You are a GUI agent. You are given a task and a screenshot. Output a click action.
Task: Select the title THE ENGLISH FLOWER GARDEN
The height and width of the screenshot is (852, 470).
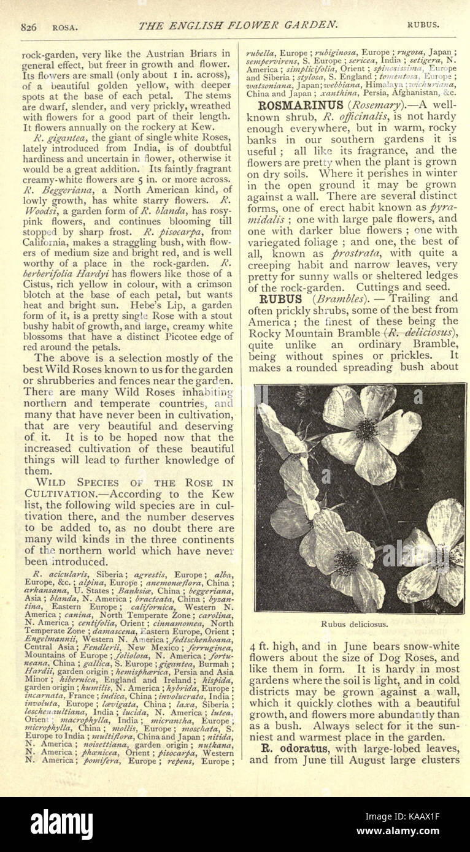pos(238,25)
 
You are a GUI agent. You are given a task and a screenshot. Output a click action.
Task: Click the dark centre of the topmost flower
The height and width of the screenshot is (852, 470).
pos(366,430)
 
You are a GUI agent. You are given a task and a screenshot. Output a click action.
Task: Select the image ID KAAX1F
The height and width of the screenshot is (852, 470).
pos(424,817)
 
